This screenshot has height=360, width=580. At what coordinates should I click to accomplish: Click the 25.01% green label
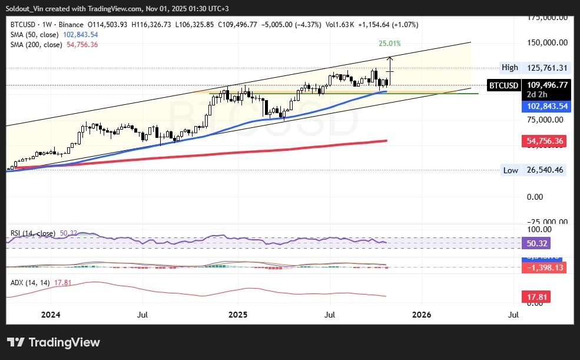click(x=389, y=44)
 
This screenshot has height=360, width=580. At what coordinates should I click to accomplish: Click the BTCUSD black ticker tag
click(x=503, y=85)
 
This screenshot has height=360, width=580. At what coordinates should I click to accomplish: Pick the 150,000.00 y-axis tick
click(x=547, y=42)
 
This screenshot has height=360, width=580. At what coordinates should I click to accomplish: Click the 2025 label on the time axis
click(x=238, y=315)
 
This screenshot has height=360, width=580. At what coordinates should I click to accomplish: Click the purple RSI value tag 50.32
click(x=536, y=243)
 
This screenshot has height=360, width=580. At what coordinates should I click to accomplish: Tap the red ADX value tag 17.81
click(x=536, y=297)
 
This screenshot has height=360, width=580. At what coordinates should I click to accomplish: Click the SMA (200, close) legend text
click(x=36, y=44)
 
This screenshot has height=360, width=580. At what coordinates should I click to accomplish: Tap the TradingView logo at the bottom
click(x=54, y=342)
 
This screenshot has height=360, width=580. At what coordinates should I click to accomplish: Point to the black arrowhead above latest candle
click(x=390, y=58)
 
